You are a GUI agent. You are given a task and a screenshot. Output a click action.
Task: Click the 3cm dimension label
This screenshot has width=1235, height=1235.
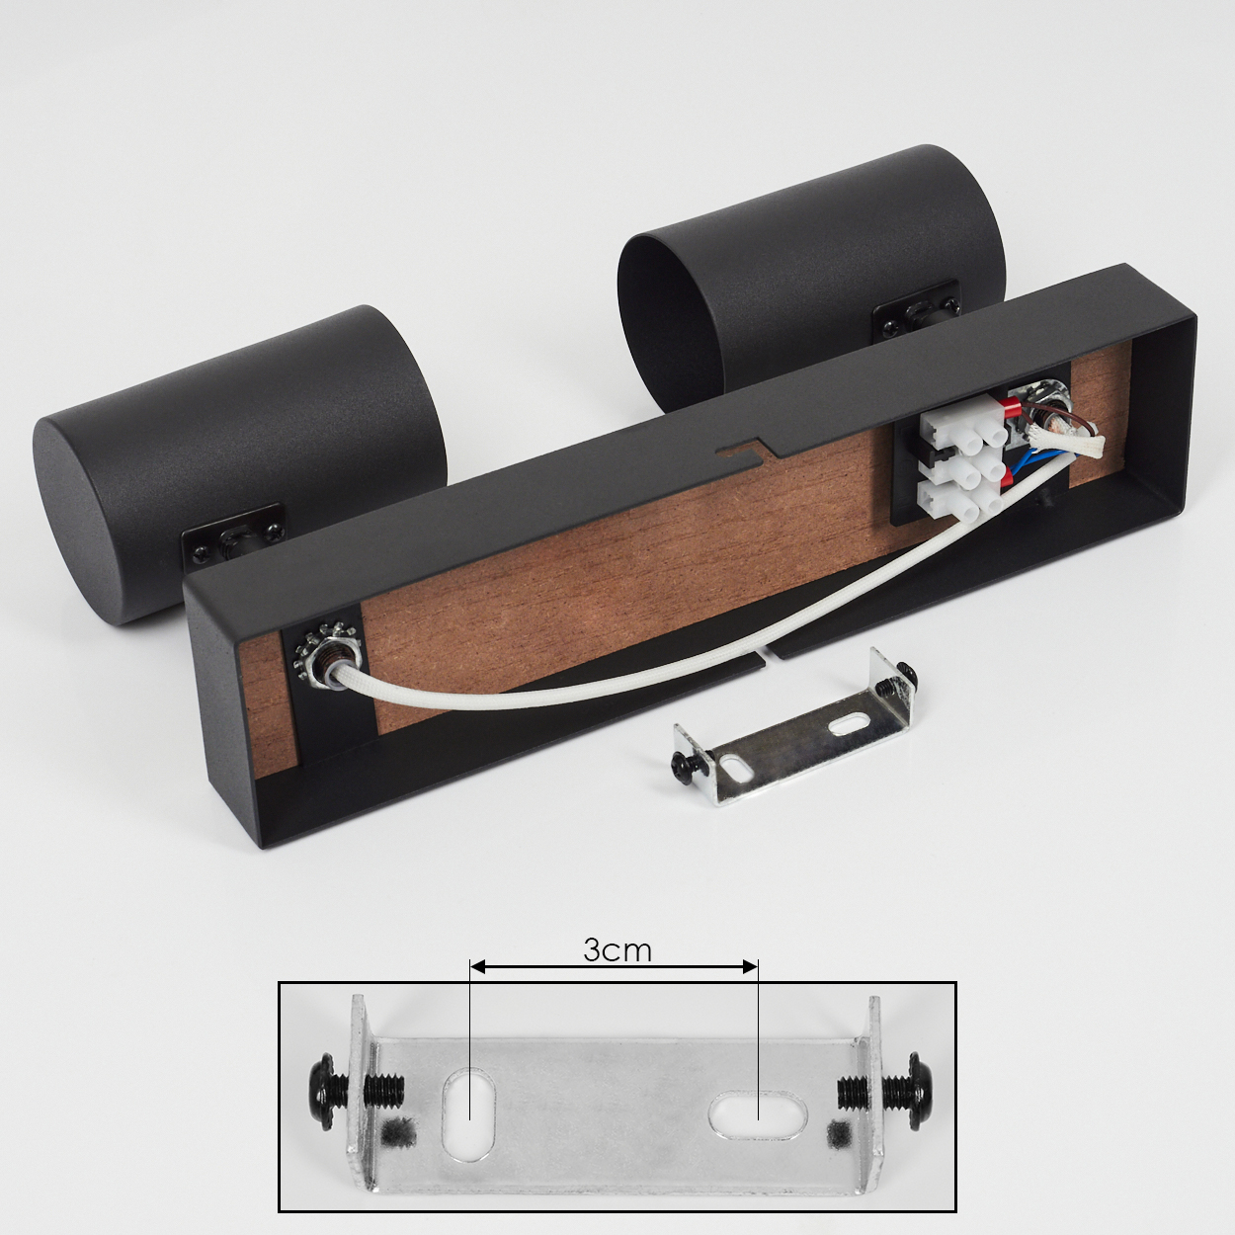[x=617, y=951]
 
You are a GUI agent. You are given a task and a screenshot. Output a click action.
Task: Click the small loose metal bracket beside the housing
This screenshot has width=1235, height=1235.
[x=792, y=739]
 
